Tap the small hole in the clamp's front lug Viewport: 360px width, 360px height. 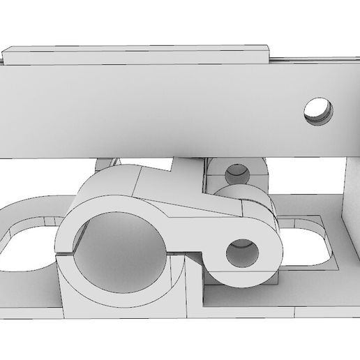click(x=242, y=251)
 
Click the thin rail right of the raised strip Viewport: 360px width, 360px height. click(x=314, y=61)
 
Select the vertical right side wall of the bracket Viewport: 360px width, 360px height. click(x=349, y=195)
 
